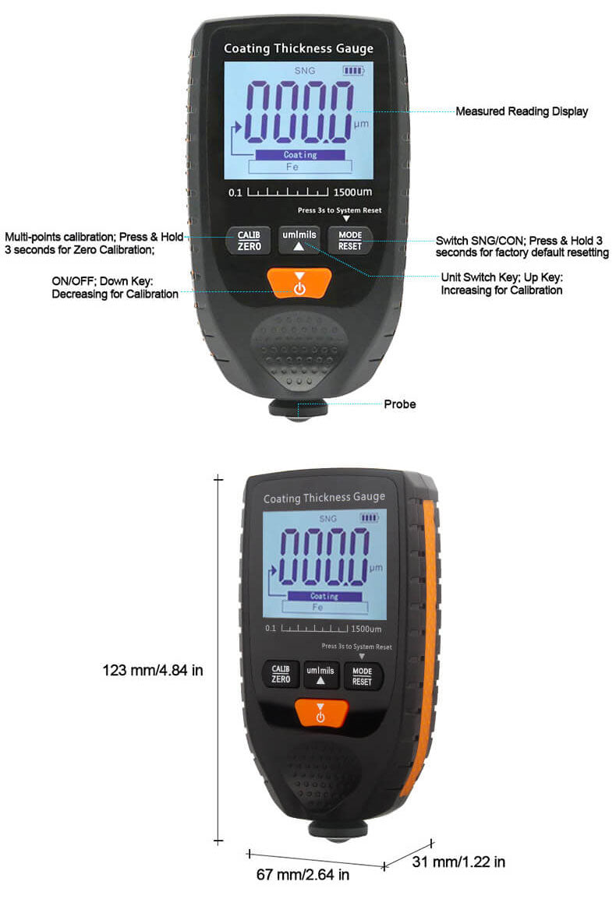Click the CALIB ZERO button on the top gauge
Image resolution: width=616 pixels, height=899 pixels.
pos(250,240)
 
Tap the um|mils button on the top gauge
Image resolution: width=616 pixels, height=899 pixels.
pos(299,240)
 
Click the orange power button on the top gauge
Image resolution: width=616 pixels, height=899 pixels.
pos(299,283)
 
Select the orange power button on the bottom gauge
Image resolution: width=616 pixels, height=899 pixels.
pos(320,713)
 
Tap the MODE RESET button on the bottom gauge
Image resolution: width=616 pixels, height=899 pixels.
pos(362,676)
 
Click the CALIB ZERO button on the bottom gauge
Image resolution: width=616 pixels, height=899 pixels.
pos(281,674)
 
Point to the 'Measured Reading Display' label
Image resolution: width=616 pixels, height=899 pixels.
pos(522,111)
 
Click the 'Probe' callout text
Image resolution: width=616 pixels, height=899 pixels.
pos(399,404)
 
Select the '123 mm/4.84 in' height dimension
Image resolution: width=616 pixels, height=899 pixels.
pos(153,670)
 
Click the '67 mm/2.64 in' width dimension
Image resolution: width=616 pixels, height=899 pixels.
pos(303,874)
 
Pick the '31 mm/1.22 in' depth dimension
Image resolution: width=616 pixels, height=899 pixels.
pos(458,862)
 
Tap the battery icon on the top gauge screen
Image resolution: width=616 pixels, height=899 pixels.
pos(354,71)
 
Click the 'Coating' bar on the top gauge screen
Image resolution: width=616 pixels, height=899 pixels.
pos(300,155)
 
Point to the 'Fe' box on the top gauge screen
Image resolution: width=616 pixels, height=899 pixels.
pos(299,167)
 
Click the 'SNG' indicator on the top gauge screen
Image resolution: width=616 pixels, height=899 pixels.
pos(305,71)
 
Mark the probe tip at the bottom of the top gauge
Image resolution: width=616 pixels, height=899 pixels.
pos(298,418)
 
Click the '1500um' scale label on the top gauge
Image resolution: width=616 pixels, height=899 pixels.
pos(352,192)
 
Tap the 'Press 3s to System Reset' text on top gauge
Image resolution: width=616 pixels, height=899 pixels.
pos(339,210)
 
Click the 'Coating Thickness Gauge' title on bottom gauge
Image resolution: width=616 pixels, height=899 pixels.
pos(324,497)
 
